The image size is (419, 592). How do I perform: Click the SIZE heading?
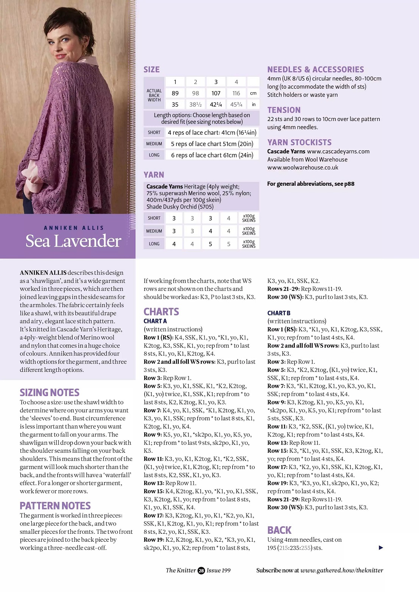[x=151, y=70]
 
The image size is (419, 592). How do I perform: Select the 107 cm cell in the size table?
[x=216, y=93]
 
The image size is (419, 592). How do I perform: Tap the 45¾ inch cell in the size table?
[x=236, y=104]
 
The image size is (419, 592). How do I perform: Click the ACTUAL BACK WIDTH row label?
[x=154, y=95]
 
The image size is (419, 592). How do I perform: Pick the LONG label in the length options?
[x=154, y=155]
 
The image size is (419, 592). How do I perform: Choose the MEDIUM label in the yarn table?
[x=154, y=231]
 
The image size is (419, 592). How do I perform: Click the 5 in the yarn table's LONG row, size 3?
[x=210, y=244]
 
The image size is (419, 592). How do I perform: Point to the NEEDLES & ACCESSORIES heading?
[x=315, y=70]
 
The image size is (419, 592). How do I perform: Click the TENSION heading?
[x=284, y=110]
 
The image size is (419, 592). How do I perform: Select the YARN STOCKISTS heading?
[x=299, y=143]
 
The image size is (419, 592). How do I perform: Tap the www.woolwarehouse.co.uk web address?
[x=303, y=168]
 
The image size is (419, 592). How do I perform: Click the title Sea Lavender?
[x=73, y=241]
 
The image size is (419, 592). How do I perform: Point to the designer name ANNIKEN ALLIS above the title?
[x=73, y=228]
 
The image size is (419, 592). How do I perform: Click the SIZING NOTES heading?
[x=50, y=393]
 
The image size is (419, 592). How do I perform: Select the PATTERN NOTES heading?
[x=55, y=506]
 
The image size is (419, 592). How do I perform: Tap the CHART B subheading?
[x=279, y=313]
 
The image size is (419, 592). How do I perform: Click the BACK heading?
[x=279, y=530]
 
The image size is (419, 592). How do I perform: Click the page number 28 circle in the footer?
[x=201, y=570]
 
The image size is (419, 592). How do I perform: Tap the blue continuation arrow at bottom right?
[x=381, y=548]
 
